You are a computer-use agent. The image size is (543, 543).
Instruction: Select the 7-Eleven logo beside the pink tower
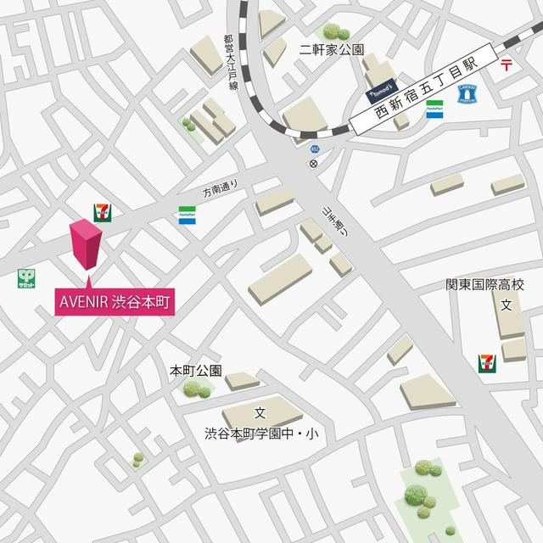pyautogui.click(x=103, y=213)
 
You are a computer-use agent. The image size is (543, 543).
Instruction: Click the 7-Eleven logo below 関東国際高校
pyautogui.click(x=486, y=363)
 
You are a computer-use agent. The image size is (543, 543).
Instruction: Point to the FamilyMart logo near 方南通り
pyautogui.click(x=187, y=216)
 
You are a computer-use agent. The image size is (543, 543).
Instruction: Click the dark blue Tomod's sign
pyautogui.click(x=378, y=86)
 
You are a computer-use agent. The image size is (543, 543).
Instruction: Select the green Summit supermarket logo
pyautogui.click(x=27, y=278)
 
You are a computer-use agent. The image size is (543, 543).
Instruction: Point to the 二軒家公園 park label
pyautogui.click(x=332, y=48)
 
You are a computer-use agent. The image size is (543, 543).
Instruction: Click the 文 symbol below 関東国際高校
pyautogui.click(x=506, y=305)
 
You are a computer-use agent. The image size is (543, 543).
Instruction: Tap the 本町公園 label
pyautogui.click(x=196, y=370)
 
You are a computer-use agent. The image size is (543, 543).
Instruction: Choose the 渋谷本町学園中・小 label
pyautogui.click(x=260, y=434)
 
